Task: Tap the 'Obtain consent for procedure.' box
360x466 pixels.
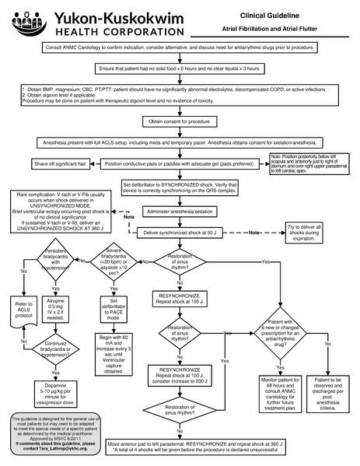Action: click(180, 121)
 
